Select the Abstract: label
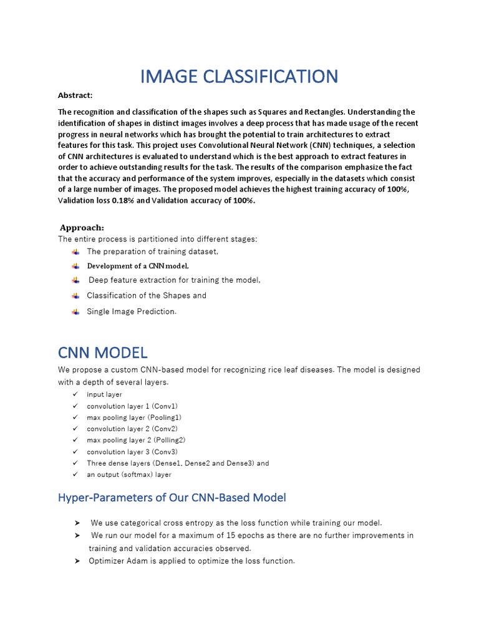click(75, 95)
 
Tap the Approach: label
click(82, 228)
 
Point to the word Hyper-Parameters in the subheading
click(100, 497)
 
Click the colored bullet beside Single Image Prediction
click(75, 311)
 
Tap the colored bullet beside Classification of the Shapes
click(75, 296)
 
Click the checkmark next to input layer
click(75, 394)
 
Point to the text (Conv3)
click(165, 452)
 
